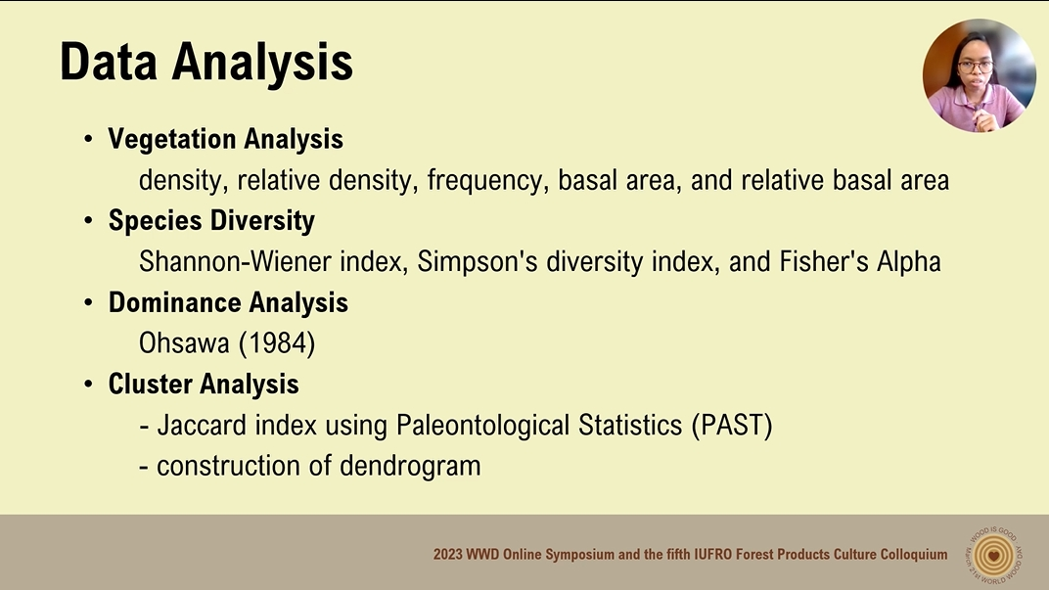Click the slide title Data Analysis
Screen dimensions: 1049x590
coord(206,63)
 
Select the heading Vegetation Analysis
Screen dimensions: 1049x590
coord(225,139)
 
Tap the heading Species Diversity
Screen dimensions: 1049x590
coord(211,221)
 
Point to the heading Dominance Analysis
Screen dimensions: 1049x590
coord(228,303)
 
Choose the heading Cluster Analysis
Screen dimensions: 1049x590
coord(204,384)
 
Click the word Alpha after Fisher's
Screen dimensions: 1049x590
coord(908,262)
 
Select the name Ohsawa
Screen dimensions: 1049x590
coord(184,343)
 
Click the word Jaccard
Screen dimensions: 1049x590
coord(202,426)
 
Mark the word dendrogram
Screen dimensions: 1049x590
coord(410,467)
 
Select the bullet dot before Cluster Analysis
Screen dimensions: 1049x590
coord(88,385)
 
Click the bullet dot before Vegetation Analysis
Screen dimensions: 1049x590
coord(88,139)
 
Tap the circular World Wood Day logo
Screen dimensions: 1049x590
coord(993,555)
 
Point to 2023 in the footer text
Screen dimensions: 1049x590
coord(447,555)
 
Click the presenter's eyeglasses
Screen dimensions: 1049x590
coord(976,67)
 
